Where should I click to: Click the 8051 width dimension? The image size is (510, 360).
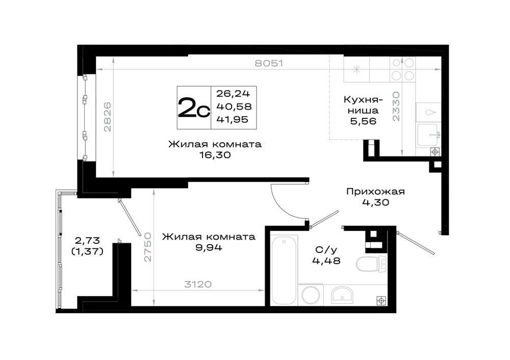click(x=269, y=63)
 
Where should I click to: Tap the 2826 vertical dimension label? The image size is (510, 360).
click(x=107, y=117)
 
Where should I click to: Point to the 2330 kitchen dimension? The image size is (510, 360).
click(x=396, y=107)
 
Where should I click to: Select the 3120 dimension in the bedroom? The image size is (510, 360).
click(x=198, y=284)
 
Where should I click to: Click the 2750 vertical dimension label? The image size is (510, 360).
click(x=148, y=247)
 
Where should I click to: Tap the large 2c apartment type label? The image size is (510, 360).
click(x=194, y=108)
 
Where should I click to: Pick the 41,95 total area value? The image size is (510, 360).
click(x=232, y=119)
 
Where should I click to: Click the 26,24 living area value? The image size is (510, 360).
click(x=233, y=94)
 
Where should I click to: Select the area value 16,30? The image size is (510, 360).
click(x=215, y=155)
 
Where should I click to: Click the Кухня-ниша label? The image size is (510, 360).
click(x=363, y=105)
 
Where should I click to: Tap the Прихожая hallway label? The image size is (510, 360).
click(x=375, y=192)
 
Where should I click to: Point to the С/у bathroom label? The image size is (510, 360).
click(x=326, y=250)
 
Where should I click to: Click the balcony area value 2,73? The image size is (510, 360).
click(x=87, y=241)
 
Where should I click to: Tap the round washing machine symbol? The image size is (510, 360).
click(x=311, y=295)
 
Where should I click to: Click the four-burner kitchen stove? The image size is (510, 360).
click(x=403, y=69)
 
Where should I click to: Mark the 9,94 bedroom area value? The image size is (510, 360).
click(x=209, y=248)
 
